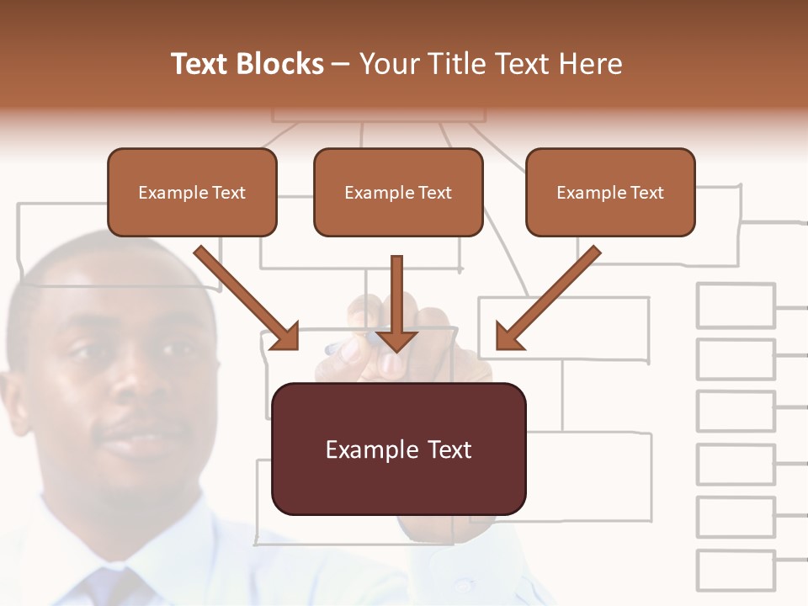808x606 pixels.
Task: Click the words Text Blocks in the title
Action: point(247,64)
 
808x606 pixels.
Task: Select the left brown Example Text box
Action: point(192,193)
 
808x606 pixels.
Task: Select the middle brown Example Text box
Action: point(398,193)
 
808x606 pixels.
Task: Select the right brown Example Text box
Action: point(610,193)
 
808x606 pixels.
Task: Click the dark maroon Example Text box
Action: point(399,449)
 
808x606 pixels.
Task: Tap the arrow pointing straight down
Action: point(396,305)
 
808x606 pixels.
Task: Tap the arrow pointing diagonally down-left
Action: point(548,298)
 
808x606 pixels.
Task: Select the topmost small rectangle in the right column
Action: point(736,306)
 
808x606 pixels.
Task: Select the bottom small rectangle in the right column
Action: point(736,571)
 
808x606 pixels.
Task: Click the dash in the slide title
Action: point(341,64)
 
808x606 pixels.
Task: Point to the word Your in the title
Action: point(389,64)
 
